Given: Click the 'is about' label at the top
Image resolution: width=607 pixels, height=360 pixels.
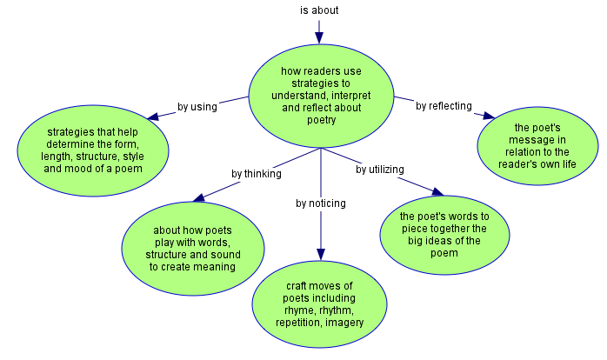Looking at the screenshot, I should click(319, 10).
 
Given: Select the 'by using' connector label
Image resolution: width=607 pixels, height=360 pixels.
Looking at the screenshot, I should click(197, 107).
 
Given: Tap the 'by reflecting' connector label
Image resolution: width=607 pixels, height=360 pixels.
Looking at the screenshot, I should click(444, 106).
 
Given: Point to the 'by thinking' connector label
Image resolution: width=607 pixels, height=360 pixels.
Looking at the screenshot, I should click(256, 173).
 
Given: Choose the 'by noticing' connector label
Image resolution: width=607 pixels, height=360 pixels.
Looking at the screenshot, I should click(320, 203).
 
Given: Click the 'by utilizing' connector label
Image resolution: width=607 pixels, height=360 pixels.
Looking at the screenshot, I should click(379, 170).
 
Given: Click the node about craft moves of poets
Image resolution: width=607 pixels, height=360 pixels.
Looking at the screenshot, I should click(319, 303).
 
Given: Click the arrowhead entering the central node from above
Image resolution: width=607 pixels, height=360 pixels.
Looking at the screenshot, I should click(319, 37).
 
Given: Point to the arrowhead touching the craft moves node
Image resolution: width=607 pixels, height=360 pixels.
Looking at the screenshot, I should click(320, 253).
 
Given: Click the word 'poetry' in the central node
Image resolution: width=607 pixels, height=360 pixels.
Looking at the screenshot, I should click(321, 120).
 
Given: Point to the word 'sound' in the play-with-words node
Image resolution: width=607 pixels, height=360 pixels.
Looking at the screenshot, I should click(222, 255).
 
